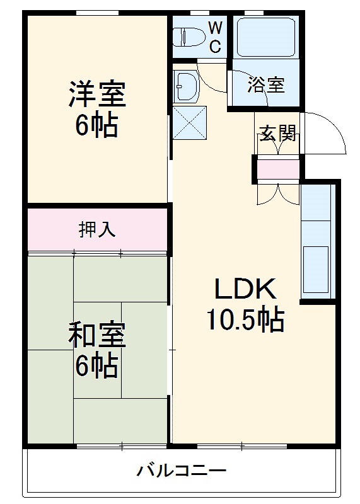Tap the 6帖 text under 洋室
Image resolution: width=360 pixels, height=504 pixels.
96,126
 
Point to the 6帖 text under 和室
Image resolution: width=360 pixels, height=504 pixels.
96,365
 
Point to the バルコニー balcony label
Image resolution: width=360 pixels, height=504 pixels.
181,470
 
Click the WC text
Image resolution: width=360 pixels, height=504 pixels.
215,37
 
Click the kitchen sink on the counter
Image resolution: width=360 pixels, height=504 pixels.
316,265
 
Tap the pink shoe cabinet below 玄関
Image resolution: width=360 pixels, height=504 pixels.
278,169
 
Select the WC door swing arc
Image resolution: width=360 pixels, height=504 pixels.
211,73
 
